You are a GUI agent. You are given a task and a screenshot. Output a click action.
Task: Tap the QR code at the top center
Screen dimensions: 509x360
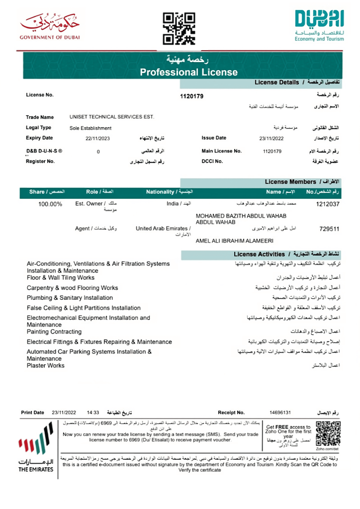click(179, 28)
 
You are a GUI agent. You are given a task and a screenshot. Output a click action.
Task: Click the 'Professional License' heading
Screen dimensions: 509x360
click(189, 73)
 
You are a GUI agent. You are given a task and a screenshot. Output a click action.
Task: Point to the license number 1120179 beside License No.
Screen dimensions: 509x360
click(191, 96)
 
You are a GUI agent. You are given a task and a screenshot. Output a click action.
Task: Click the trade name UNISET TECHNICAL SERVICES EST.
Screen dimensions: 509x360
click(112, 117)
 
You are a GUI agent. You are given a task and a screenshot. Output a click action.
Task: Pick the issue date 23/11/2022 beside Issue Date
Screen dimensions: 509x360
click(270, 139)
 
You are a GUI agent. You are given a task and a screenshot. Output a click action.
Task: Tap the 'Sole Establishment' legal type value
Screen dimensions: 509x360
click(91, 128)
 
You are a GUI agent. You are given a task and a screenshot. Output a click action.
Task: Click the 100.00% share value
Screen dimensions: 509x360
click(51, 204)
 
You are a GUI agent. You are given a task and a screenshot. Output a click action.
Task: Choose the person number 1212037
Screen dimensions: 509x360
click(328, 204)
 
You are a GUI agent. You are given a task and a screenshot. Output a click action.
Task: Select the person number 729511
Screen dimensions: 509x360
click(329, 229)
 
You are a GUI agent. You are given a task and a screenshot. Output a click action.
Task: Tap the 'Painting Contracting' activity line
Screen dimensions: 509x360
click(54, 332)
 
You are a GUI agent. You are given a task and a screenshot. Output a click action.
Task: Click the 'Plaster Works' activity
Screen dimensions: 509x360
click(46, 366)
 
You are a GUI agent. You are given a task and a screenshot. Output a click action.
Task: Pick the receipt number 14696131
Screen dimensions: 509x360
click(280, 413)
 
